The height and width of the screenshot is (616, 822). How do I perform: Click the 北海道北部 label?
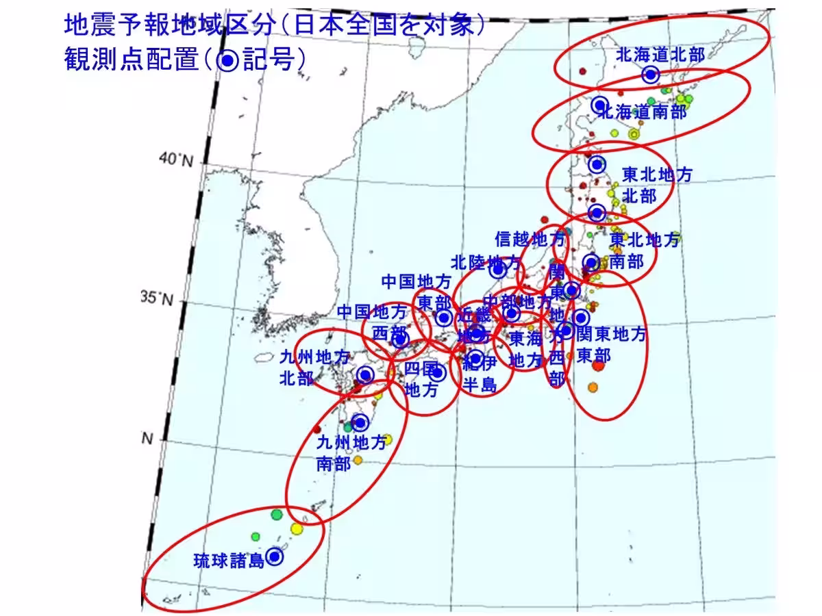(x=660, y=55)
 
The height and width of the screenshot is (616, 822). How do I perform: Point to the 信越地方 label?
(x=530, y=239)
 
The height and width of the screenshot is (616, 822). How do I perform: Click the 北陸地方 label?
(x=486, y=262)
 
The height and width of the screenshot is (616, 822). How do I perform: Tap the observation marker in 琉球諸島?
(x=275, y=557)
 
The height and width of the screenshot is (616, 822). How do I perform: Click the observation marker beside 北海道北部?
(x=651, y=74)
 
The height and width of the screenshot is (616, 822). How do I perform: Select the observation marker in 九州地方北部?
(x=366, y=374)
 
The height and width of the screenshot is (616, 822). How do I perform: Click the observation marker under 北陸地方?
(x=499, y=270)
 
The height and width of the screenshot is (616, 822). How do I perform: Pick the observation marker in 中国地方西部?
(x=401, y=339)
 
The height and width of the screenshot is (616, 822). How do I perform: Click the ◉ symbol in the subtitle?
(x=227, y=60)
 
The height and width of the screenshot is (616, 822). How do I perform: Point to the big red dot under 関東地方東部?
(x=598, y=365)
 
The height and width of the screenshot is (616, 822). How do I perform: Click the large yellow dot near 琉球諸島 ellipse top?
(x=296, y=528)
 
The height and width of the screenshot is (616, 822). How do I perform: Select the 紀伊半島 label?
(x=480, y=373)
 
